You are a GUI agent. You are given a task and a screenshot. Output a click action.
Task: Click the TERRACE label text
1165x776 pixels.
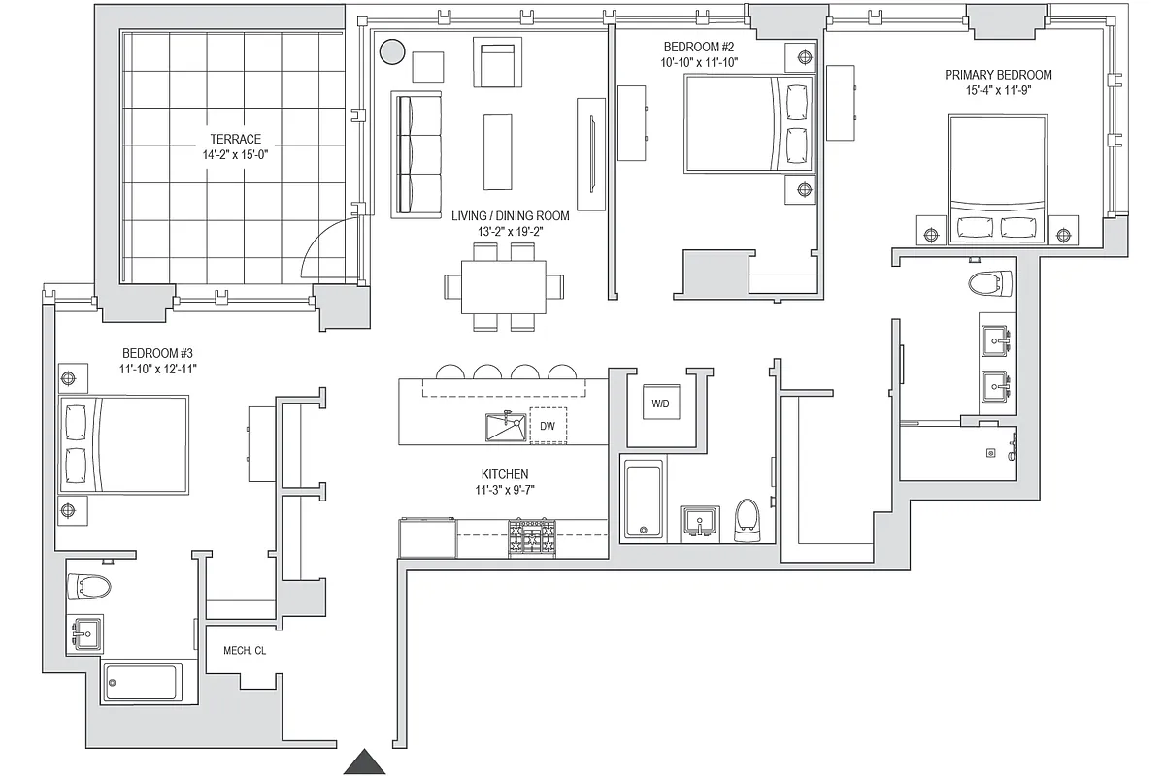point(233,139)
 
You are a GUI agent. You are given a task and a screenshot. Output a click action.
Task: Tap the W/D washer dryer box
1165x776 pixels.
point(660,404)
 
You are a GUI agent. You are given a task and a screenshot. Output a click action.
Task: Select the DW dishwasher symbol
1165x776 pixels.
point(548,426)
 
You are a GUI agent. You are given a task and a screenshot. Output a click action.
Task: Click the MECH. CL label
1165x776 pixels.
point(245,651)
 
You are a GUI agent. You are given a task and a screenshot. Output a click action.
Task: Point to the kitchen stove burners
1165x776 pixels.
point(532,538)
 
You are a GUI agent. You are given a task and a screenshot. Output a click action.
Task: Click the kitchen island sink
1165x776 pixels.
point(505,427)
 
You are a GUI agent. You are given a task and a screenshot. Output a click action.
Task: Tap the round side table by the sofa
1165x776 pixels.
point(392,52)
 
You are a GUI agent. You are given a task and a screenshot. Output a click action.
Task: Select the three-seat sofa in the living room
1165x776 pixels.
point(416,153)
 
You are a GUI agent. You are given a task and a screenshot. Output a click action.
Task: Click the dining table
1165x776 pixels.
point(504,286)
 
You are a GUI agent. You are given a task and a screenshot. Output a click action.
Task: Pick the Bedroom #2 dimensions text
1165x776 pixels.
point(701,62)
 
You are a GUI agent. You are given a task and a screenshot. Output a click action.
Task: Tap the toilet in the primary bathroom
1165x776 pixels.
point(989,283)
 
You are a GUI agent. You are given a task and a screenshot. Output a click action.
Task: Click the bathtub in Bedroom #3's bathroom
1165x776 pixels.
point(143,683)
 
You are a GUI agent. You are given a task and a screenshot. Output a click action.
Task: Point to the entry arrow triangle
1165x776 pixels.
point(366,762)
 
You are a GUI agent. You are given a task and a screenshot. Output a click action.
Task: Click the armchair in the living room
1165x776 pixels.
point(501,61)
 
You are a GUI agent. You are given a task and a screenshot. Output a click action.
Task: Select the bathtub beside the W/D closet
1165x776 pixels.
point(644,500)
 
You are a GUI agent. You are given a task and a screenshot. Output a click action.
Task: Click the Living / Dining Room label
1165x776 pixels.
point(510,216)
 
